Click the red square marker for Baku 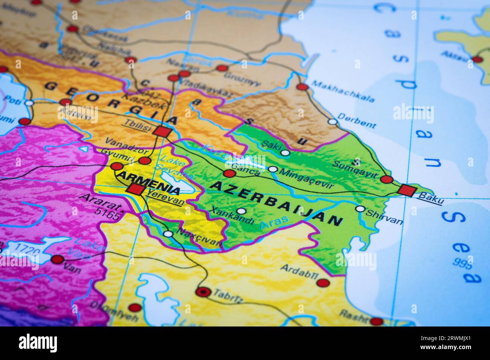(407, 190)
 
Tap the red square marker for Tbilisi (163, 132)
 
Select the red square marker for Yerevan (135, 189)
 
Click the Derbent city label (357, 121)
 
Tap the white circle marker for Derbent (332, 122)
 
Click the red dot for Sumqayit (386, 179)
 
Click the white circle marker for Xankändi (241, 211)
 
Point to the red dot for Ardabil (323, 283)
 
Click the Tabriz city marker (203, 291)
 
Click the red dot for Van (57, 259)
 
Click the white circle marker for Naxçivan (168, 234)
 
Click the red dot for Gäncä (229, 173)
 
